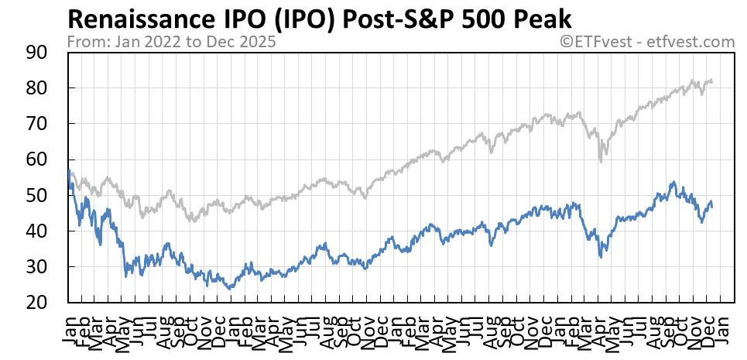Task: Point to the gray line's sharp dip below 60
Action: point(601,160)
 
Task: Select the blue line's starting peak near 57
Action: point(70,170)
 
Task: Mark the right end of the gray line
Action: point(712,81)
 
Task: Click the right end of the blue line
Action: point(712,205)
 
